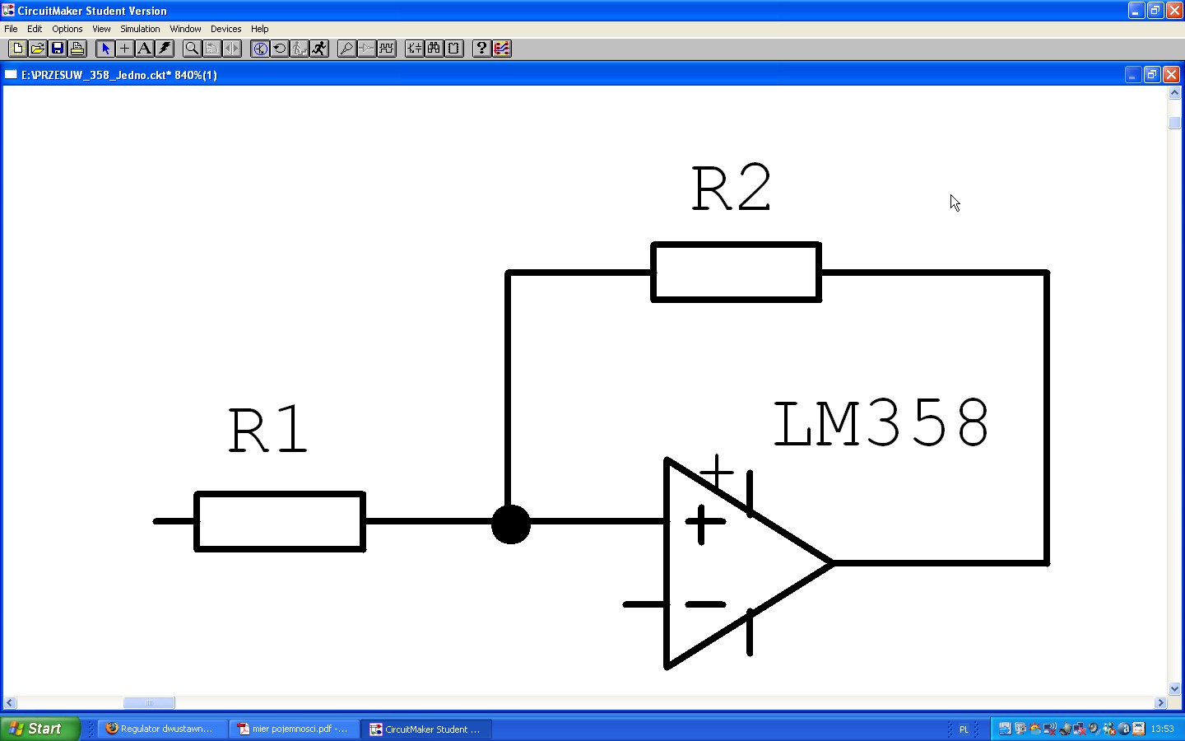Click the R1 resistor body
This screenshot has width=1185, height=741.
click(x=280, y=521)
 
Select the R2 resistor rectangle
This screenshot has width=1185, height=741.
click(x=736, y=272)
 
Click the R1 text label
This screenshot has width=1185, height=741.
click(x=267, y=430)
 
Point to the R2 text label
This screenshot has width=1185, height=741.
click(x=732, y=189)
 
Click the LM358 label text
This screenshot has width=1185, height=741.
click(x=881, y=424)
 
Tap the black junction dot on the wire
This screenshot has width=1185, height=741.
click(x=511, y=524)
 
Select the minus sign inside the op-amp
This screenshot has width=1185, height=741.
click(x=705, y=604)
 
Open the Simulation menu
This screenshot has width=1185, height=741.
click(x=140, y=29)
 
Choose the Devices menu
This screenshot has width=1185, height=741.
click(x=225, y=29)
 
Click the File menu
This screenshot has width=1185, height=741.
click(x=11, y=29)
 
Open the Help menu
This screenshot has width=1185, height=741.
click(x=260, y=29)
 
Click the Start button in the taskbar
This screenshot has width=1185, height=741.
click(x=39, y=729)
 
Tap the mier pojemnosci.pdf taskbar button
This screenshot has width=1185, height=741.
click(x=293, y=729)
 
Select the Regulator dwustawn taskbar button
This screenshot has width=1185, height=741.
click(x=161, y=729)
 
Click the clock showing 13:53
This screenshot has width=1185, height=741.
click(x=1162, y=729)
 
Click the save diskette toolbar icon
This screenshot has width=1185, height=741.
click(x=58, y=49)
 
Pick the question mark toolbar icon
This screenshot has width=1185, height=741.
click(x=481, y=49)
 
